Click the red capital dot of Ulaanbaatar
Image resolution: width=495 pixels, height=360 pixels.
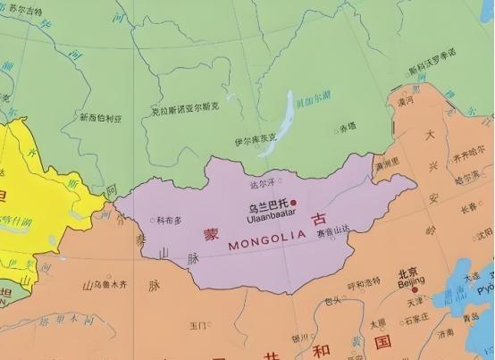tap(293, 202)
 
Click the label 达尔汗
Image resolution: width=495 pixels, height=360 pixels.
tap(263, 184)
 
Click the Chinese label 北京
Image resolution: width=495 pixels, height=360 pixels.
tap(408, 273)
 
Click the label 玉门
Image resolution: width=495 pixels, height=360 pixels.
tap(198, 324)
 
